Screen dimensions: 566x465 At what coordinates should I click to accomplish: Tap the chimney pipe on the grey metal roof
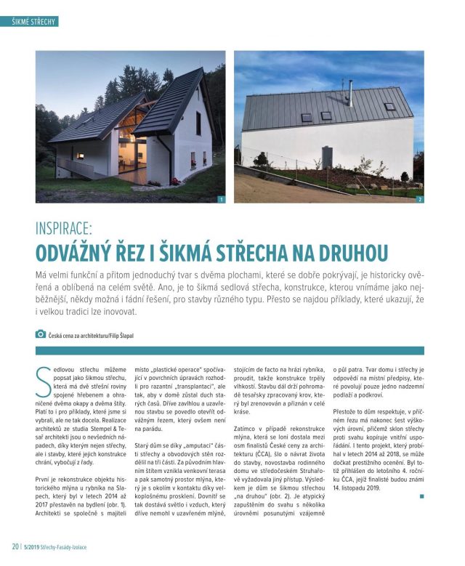[349, 90]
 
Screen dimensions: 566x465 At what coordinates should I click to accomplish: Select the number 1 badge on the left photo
[221, 198]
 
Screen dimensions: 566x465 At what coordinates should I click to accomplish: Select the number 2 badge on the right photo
[419, 198]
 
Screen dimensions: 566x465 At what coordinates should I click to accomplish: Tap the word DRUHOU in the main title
[353, 253]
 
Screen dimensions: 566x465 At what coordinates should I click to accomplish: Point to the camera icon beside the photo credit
[40, 333]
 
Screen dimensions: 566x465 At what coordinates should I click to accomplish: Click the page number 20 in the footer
[15, 546]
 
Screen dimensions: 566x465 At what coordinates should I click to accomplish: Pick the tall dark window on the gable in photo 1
[198, 123]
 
